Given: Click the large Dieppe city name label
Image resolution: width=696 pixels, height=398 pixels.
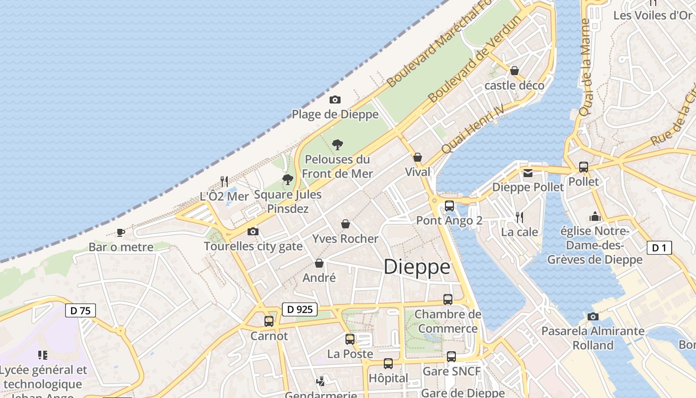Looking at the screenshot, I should (x=417, y=267).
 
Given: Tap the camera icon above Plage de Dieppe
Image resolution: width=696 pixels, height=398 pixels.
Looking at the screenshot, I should (x=335, y=99).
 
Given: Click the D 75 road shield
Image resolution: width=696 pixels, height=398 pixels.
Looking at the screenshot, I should (x=81, y=310).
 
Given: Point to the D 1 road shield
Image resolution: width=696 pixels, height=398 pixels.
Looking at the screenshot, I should (x=659, y=248).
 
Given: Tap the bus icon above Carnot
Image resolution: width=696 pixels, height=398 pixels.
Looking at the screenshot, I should (x=269, y=321).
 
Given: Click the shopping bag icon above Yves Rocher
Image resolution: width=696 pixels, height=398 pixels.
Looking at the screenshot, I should (x=346, y=224).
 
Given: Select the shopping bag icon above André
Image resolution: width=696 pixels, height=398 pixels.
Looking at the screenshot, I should (x=319, y=263).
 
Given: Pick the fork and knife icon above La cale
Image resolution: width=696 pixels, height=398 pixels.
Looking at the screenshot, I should (x=520, y=217).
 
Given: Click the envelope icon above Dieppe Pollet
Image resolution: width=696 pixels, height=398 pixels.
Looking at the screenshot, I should (x=527, y=173).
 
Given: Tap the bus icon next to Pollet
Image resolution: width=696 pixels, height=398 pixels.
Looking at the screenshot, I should (x=584, y=167).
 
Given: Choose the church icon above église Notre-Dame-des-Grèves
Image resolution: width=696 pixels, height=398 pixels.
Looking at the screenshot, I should (x=595, y=216).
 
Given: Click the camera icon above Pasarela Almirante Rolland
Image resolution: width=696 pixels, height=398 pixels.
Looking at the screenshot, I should (x=593, y=316).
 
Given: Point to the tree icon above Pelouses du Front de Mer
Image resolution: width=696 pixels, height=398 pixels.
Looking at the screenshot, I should (x=338, y=145).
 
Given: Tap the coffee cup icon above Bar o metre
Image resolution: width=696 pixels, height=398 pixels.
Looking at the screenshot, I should (x=120, y=232).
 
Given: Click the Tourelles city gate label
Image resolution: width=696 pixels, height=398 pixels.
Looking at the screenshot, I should (x=253, y=246).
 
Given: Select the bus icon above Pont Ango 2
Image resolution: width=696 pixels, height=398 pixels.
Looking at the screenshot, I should (x=449, y=205).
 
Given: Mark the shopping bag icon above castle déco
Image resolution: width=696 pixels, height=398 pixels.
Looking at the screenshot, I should (x=515, y=71).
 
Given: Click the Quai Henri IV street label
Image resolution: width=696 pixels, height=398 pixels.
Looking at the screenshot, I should (x=473, y=129).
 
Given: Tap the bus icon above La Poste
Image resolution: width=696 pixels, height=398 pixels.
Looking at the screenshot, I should (x=350, y=339).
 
